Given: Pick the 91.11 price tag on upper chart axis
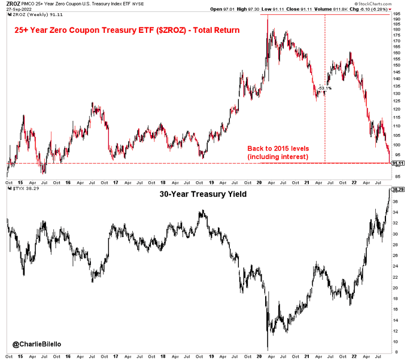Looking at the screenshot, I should [x=397, y=163].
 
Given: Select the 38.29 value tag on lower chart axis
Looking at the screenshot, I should [x=397, y=190].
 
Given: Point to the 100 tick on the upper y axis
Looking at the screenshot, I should [x=396, y=144].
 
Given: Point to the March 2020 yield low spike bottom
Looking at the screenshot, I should [x=268, y=349].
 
